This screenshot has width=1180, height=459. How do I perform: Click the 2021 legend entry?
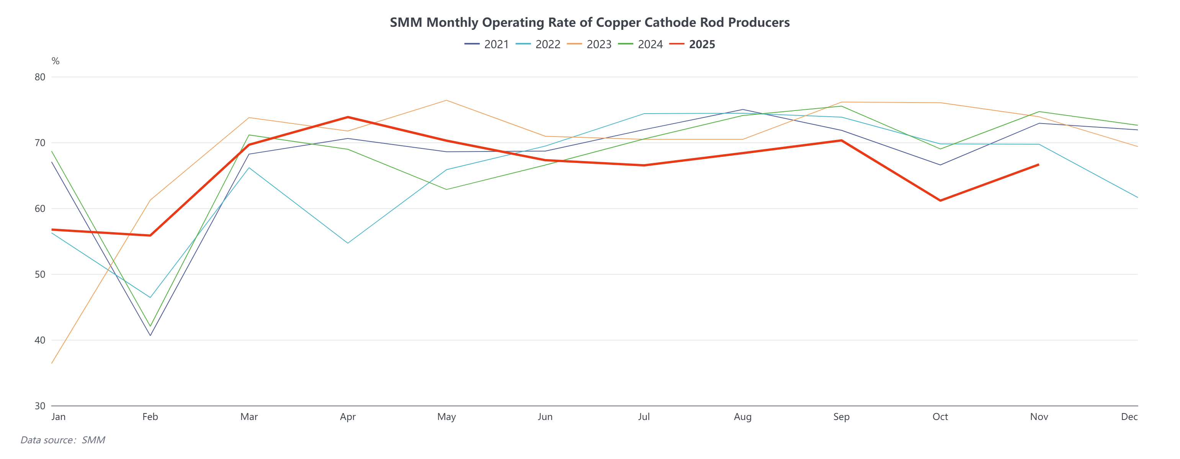(x=487, y=44)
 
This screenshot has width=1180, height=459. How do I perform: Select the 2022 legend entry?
(x=538, y=44)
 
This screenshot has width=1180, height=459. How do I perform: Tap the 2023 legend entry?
(x=589, y=44)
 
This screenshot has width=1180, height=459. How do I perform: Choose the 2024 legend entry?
(x=641, y=44)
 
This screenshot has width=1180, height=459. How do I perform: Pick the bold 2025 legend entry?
(x=692, y=44)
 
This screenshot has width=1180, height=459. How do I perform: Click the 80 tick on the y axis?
(x=40, y=77)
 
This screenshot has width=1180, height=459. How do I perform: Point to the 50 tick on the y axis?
(x=40, y=275)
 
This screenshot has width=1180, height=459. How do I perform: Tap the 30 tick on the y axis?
(x=40, y=406)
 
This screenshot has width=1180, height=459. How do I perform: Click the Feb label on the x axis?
(x=150, y=417)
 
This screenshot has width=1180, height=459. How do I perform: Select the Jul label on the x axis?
(x=644, y=417)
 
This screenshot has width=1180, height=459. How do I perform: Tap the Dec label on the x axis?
(x=1129, y=417)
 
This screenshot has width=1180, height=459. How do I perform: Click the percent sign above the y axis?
(x=56, y=61)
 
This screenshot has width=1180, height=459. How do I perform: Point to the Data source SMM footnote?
(x=63, y=440)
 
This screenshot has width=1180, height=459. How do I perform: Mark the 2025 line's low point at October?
(x=940, y=200)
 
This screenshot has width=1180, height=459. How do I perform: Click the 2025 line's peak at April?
(x=348, y=117)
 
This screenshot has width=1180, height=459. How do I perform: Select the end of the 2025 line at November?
(x=1038, y=165)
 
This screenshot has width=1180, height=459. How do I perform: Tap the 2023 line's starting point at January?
(x=52, y=363)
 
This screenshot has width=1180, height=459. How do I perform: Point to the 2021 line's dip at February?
(x=150, y=335)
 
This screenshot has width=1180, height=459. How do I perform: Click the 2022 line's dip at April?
(x=348, y=243)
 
